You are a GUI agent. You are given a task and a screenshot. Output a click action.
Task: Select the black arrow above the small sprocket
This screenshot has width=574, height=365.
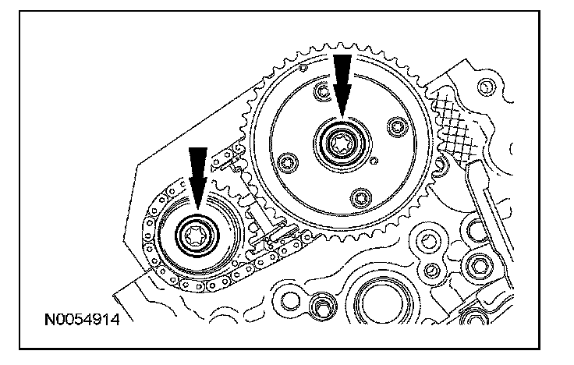pos(197,175)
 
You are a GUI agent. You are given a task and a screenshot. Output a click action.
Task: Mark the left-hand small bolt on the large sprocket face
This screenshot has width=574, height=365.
pos(289,161)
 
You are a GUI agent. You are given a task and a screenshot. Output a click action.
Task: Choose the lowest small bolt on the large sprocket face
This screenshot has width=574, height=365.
pos(360,196)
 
